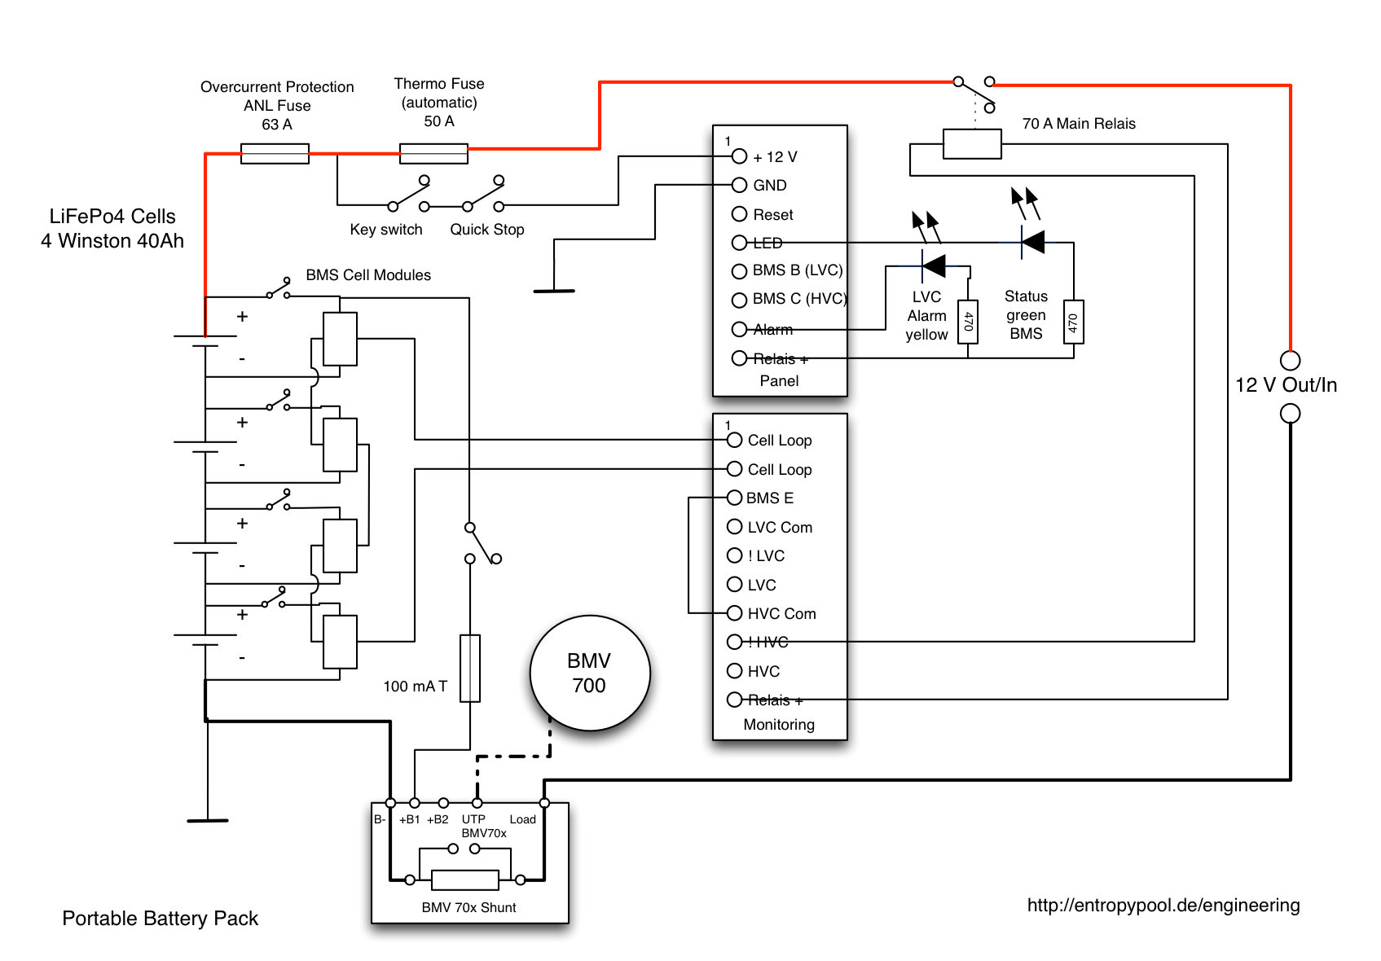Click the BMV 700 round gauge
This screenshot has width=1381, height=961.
coord(589,673)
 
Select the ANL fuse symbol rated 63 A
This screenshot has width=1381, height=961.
coord(275,154)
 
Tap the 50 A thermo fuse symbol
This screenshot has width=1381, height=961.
coord(433,154)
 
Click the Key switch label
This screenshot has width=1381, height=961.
coord(386,230)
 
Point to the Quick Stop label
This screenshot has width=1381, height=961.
coord(487,230)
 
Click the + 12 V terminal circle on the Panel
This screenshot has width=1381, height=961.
coord(739,156)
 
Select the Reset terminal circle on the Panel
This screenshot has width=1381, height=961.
coord(739,214)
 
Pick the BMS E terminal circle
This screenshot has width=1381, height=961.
coord(734,498)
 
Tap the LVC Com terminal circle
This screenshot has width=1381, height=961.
coord(734,527)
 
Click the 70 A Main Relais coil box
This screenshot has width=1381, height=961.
coord(972,144)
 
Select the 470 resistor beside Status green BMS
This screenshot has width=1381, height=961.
coord(1073,323)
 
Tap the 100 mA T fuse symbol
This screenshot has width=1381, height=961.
coord(470,668)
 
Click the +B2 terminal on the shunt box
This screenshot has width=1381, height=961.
coord(443,804)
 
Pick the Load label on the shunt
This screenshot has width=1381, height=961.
coord(522,819)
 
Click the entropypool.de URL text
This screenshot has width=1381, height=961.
coord(1163,905)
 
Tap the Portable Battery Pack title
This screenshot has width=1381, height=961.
coord(160,919)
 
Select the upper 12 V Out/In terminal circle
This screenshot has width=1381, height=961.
coord(1290,360)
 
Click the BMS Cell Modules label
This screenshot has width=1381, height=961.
coord(368,275)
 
